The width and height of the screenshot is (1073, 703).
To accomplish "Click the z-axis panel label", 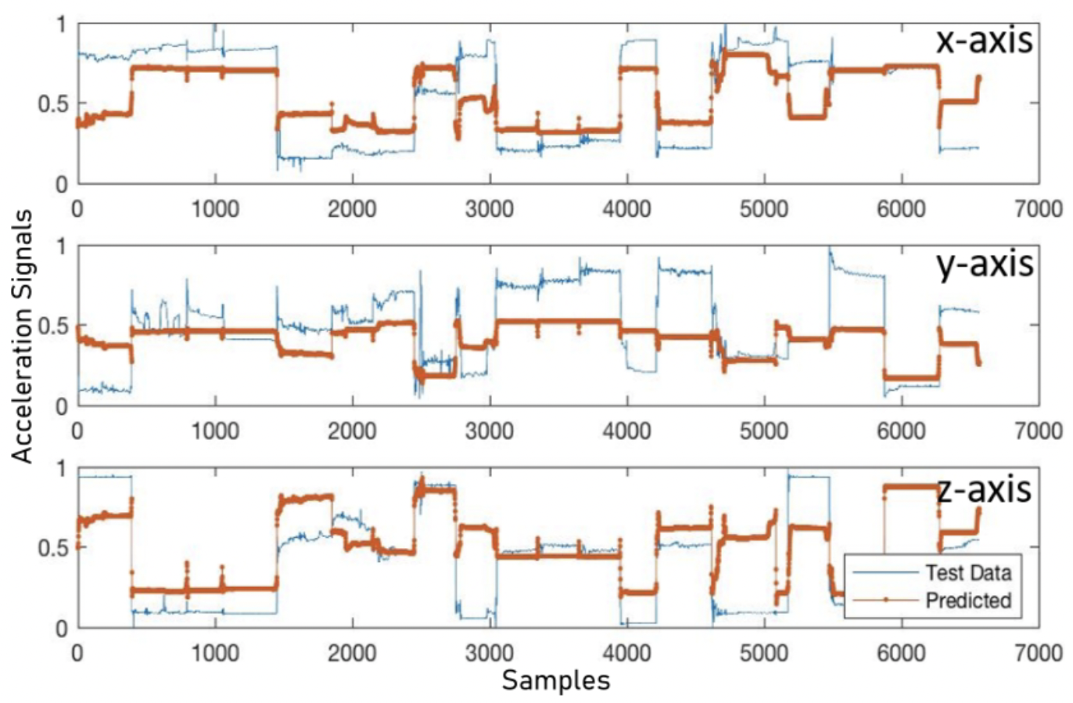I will [984, 489].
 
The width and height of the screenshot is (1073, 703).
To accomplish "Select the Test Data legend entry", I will [968, 572].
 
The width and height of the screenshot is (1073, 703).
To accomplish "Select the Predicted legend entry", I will [968, 600].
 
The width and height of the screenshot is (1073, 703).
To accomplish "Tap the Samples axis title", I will [555, 680].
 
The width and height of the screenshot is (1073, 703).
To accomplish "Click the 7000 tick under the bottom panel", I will [1038, 651].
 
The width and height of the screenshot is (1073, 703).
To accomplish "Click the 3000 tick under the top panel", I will [490, 208].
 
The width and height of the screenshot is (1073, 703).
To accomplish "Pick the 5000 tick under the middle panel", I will [764, 430].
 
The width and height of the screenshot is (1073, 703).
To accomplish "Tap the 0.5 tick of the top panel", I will [53, 103].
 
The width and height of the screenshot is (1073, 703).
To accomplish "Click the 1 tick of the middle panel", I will [61, 246].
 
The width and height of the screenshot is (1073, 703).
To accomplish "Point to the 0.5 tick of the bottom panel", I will [53, 547].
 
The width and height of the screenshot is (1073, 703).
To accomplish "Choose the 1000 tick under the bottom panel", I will [215, 651].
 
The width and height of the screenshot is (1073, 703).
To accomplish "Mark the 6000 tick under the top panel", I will [901, 208].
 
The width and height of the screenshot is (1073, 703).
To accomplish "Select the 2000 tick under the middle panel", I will [352, 430].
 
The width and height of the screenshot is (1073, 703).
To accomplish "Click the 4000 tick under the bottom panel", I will [627, 651].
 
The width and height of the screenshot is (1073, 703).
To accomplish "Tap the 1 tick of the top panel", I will [61, 24].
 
